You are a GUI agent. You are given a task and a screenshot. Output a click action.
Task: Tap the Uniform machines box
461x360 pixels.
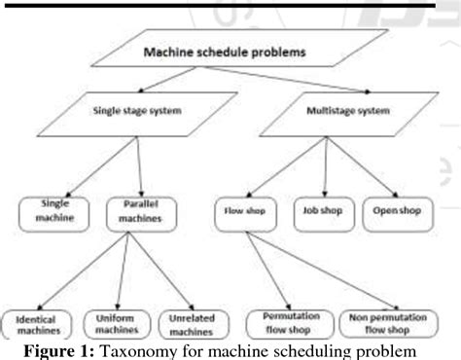[119, 322]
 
